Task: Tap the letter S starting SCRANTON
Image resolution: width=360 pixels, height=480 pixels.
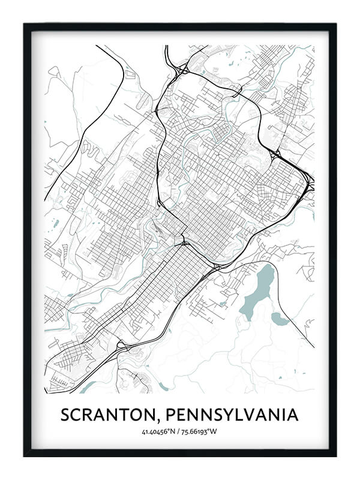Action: coord(66,415)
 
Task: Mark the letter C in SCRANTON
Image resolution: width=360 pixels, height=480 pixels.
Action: coord(79,415)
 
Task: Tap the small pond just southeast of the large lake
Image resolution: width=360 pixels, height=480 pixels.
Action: coord(280,319)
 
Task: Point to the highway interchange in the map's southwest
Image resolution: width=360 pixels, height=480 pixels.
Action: coord(122,346)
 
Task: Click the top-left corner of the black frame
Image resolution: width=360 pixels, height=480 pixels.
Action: coord(25,25)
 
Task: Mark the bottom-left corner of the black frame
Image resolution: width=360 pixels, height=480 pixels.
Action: coord(25,455)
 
